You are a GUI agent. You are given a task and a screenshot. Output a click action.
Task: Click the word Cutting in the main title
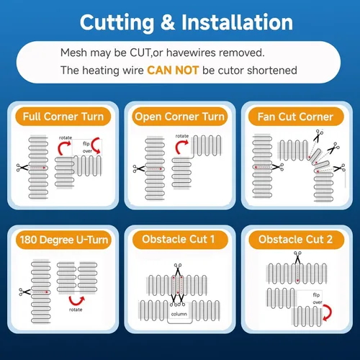pyautogui.click(x=117, y=23)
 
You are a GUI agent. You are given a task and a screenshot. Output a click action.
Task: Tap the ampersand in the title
pyautogui.click(x=168, y=22)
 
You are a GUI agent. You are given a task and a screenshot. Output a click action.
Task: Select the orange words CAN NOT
pyautogui.click(x=173, y=71)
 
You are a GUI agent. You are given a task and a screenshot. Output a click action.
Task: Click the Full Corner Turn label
pyautogui.click(x=63, y=117)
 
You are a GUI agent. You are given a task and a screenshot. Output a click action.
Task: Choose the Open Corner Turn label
pyautogui.click(x=179, y=117)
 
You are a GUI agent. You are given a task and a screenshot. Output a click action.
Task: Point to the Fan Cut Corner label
pyautogui.click(x=295, y=117)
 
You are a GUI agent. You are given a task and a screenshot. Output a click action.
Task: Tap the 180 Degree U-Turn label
pyautogui.click(x=64, y=240)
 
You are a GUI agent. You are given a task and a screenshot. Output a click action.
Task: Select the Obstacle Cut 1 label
pyautogui.click(x=179, y=239)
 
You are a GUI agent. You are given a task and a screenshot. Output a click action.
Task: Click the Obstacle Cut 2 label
pyautogui.click(x=295, y=239)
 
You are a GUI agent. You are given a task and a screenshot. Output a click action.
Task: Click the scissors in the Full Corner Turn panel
pyautogui.click(x=22, y=168)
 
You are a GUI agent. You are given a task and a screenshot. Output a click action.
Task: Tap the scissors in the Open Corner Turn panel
pyautogui.click(x=139, y=168)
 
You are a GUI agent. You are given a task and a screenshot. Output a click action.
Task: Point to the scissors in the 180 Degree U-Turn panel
pyautogui.click(x=24, y=292)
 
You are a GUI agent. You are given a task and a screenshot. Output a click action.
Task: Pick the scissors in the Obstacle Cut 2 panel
pyautogui.click(x=297, y=257)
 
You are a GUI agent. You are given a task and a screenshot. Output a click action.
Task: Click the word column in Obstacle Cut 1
pyautogui.click(x=179, y=314)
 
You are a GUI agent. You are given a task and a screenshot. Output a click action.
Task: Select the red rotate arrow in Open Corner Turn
pyautogui.click(x=181, y=146)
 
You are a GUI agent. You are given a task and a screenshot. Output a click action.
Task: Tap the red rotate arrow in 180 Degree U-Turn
pyautogui.click(x=76, y=301)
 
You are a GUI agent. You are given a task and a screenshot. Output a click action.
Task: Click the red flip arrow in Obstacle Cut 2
pyautogui.click(x=328, y=312)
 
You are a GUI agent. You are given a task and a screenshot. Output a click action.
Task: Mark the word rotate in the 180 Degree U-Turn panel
pyautogui.click(x=76, y=310)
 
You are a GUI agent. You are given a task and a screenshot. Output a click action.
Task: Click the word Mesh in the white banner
pyautogui.click(x=73, y=53)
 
